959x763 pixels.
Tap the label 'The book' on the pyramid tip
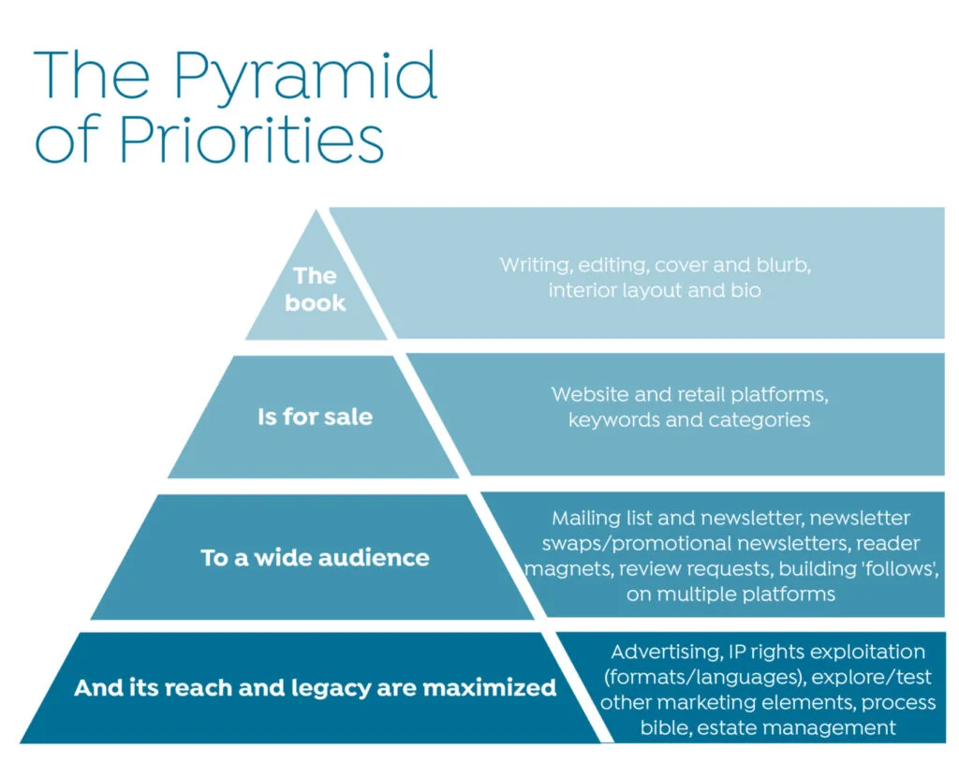click(316, 288)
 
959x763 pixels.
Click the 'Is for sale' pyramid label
click(315, 417)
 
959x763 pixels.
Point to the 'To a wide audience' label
click(315, 558)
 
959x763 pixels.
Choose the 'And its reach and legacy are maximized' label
click(315, 688)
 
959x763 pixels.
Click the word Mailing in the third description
click(586, 519)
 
